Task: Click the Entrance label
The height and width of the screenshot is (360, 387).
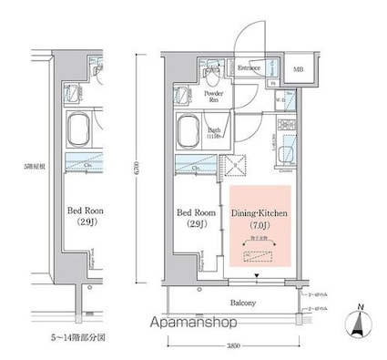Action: (x=250, y=67)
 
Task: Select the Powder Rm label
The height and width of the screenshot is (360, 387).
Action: (x=214, y=96)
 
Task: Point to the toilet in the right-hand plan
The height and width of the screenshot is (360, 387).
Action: (x=211, y=70)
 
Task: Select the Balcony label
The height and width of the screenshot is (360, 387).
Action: (x=241, y=303)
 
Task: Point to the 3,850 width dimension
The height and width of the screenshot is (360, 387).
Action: (x=233, y=347)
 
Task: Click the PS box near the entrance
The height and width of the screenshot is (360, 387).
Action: (x=273, y=84)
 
